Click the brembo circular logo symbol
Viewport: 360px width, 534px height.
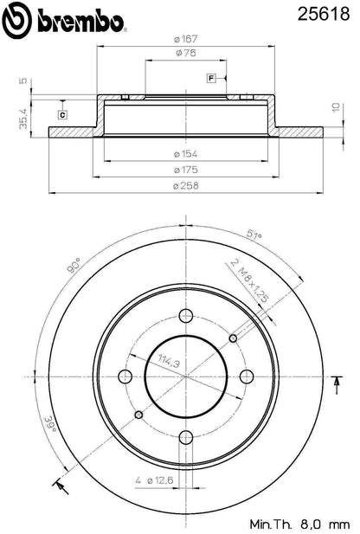[x=17, y=20]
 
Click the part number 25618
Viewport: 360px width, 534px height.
[x=323, y=14]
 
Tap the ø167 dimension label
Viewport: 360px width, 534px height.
[x=185, y=39]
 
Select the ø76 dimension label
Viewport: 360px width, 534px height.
[x=186, y=53]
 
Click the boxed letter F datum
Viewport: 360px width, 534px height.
[x=211, y=79]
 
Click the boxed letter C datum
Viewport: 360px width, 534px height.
[x=62, y=115]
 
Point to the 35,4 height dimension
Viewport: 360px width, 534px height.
[x=23, y=119]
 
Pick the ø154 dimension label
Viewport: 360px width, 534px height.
[x=185, y=154]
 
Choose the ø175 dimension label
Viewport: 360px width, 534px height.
[x=185, y=170]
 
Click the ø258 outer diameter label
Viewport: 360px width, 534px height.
[x=185, y=186]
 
